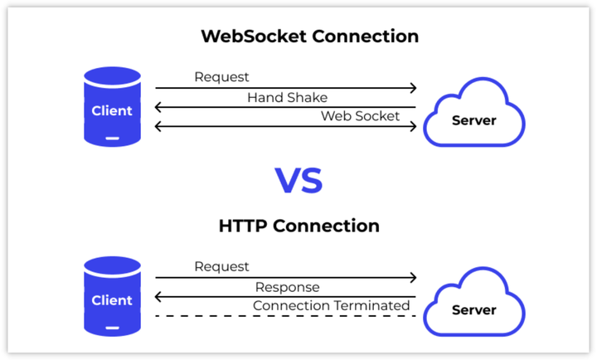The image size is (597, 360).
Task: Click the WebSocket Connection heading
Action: click(x=309, y=37)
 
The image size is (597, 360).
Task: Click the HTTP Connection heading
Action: click(x=299, y=226)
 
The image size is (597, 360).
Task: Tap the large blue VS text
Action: click(x=298, y=179)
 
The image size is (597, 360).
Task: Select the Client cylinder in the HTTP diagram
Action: click(x=112, y=297)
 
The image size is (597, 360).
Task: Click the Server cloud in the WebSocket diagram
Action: click(x=473, y=116)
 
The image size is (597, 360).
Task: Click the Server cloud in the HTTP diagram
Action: click(x=473, y=307)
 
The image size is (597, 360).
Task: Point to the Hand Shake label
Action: click(x=287, y=97)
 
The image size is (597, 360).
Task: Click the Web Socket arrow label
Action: click(x=360, y=115)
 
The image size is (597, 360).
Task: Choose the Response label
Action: click(x=287, y=287)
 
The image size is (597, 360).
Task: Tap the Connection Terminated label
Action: click(x=331, y=305)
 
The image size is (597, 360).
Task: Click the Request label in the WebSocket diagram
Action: click(x=221, y=77)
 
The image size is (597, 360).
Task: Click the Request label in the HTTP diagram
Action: click(x=221, y=266)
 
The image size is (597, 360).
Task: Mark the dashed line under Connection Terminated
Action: click(x=286, y=316)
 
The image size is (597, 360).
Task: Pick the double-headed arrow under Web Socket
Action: click(x=286, y=126)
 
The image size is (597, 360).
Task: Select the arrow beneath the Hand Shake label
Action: click(x=286, y=107)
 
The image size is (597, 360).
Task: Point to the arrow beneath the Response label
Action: click(x=286, y=297)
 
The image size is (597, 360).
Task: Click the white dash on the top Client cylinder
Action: click(x=112, y=138)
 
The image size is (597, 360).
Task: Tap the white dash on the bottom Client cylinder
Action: click(x=112, y=327)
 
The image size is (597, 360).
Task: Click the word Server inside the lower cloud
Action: click(x=473, y=310)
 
